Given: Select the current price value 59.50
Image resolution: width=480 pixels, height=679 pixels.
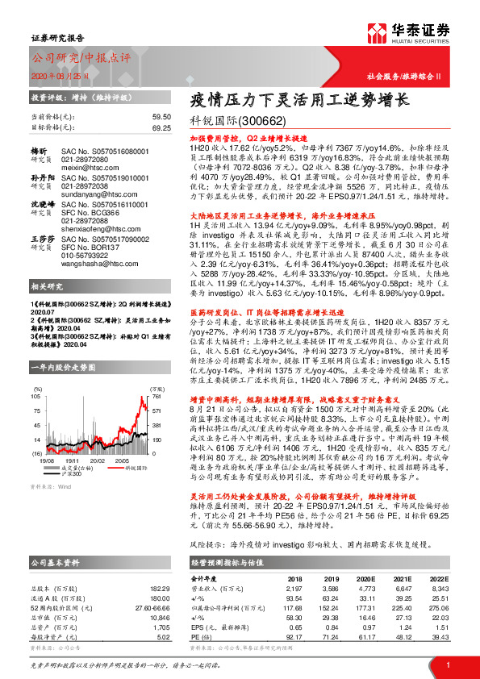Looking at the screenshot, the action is coord(161,116).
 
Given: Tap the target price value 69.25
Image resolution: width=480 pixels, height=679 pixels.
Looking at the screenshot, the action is coord(161,127).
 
